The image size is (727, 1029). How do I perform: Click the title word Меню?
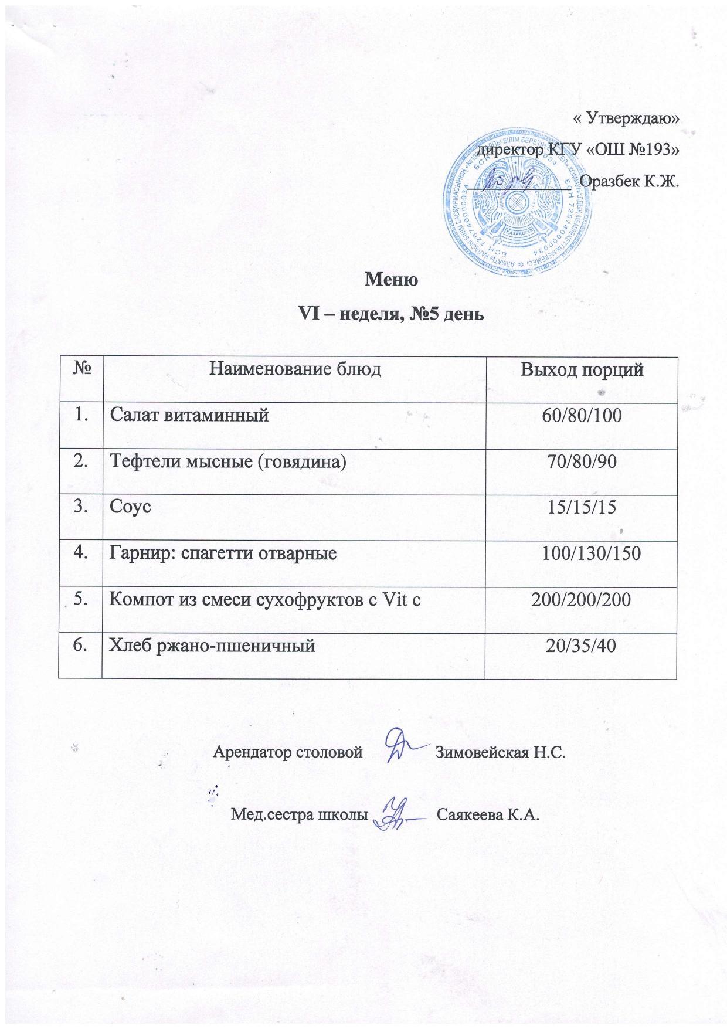(x=391, y=280)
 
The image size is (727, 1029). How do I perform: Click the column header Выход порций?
(x=582, y=370)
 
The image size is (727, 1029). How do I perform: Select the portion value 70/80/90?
(x=582, y=462)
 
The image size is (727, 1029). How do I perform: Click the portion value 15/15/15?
(x=582, y=507)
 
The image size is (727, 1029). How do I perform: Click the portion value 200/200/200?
(x=582, y=599)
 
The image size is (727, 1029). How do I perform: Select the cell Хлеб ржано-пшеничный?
(x=213, y=645)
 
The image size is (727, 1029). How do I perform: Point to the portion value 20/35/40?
(x=582, y=645)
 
